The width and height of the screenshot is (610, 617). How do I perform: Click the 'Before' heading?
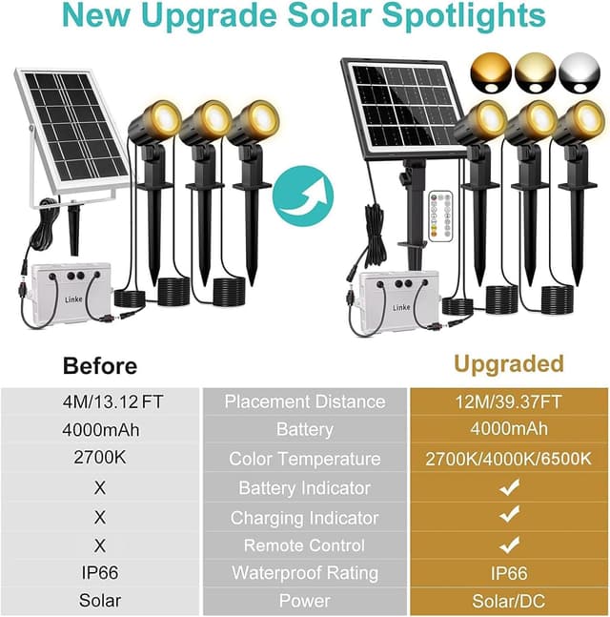pos(100,365)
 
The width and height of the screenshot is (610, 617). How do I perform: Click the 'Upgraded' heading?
pos(508,363)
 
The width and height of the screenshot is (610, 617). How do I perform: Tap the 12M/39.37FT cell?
pos(508,401)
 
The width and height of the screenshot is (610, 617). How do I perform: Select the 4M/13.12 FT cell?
pos(99,401)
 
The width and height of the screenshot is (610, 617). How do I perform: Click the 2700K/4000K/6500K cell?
pos(508,459)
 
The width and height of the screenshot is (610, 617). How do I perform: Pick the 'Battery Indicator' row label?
pos(304,488)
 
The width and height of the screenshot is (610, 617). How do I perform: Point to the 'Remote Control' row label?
pos(304,545)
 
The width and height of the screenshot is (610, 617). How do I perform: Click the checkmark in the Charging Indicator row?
pos(510,515)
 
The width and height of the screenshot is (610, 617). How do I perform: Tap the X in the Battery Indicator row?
pos(100,488)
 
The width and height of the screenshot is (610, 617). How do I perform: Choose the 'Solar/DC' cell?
pos(508,602)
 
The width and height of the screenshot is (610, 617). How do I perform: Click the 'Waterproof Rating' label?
pos(304,573)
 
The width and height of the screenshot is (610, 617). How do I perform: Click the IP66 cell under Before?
pos(100,573)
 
